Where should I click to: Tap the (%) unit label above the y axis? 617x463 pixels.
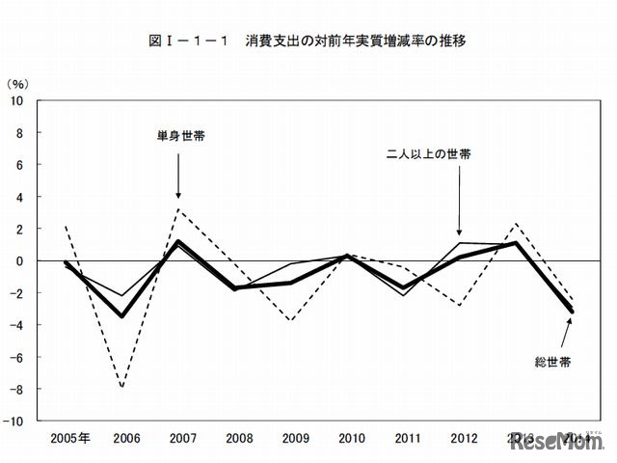(20, 84)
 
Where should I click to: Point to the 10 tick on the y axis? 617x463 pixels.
(18, 100)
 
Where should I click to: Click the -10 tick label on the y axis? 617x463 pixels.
(15, 421)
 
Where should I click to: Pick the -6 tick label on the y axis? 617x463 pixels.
(18, 357)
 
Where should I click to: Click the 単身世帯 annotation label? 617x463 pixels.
(179, 136)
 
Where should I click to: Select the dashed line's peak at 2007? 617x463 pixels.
(178, 209)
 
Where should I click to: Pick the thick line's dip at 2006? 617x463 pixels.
(122, 315)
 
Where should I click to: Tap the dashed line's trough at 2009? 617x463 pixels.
(291, 319)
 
